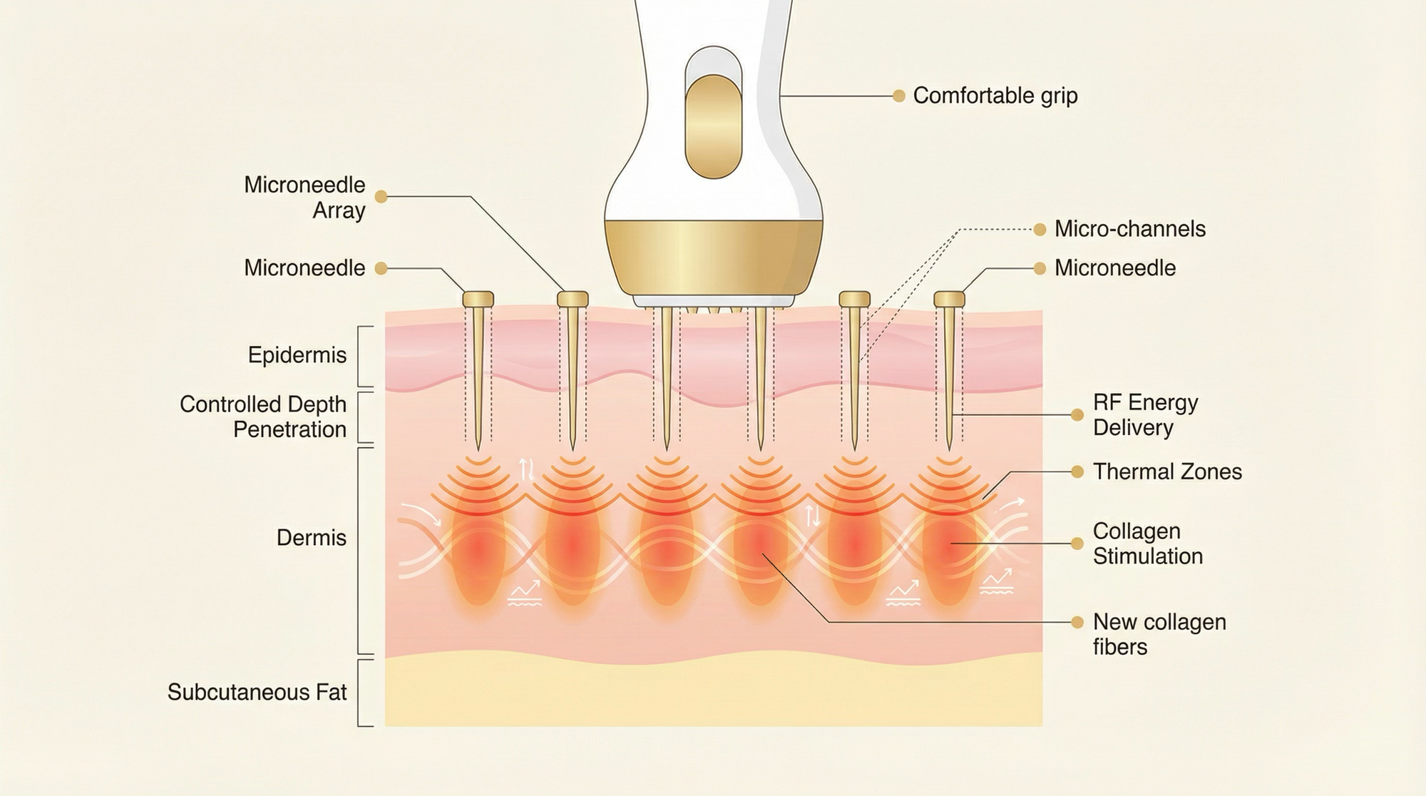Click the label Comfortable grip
coord(995,96)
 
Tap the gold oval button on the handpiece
coord(713,126)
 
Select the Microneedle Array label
coord(304,198)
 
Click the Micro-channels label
coord(1129,229)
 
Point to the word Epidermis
coord(297,355)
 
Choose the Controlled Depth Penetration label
coord(263,417)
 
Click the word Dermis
coord(311,538)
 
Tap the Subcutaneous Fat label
coord(257,692)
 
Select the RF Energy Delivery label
coord(1145,415)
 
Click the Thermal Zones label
coord(1167,471)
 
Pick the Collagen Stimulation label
coord(1147,544)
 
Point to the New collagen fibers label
coord(1159,634)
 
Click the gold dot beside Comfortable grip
coord(898,96)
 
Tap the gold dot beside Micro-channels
coord(1040,229)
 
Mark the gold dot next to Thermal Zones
coord(1077,471)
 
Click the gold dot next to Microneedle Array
coord(381,196)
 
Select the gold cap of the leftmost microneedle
coord(478,299)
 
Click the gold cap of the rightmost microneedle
coord(949,299)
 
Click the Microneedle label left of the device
coord(304,268)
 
